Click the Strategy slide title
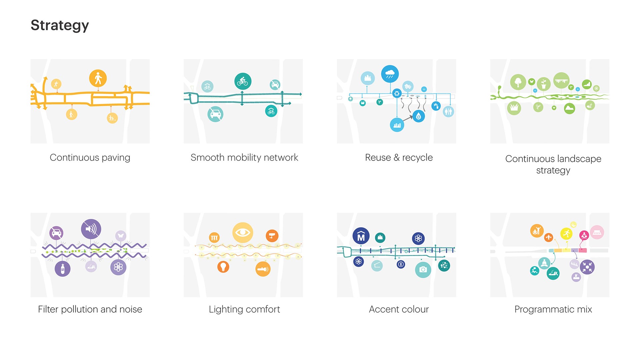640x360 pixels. click(x=60, y=25)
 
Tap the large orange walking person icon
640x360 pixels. click(x=98, y=78)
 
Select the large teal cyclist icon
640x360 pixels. click(x=243, y=81)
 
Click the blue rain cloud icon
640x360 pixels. click(x=390, y=74)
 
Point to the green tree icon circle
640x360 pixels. click(x=518, y=82)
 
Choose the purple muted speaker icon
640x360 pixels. click(x=91, y=229)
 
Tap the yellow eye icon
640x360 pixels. click(x=243, y=232)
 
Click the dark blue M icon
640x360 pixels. click(x=361, y=236)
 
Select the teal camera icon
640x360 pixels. click(x=423, y=269)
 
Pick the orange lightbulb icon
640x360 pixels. click(x=223, y=267)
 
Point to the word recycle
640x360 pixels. click(x=417, y=157)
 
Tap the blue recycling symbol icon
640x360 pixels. click(x=397, y=93)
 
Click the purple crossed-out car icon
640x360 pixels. click(x=56, y=233)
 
